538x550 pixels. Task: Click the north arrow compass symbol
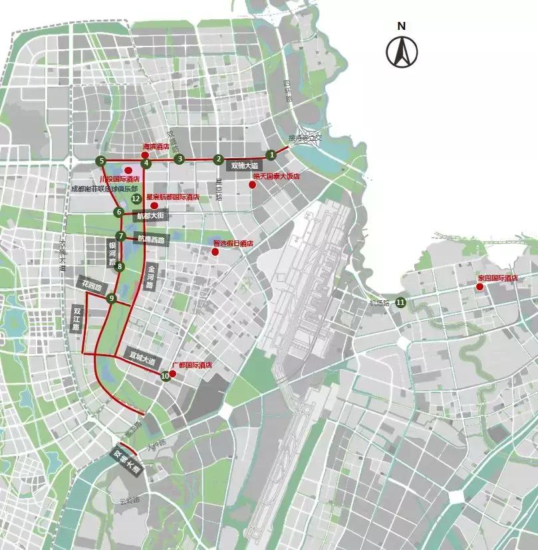tap(402, 51)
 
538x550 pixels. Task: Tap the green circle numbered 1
tap(271, 155)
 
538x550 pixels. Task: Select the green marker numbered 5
tap(101, 161)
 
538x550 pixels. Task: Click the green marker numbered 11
tap(400, 303)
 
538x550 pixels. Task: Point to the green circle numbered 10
tap(165, 376)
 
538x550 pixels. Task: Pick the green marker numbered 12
tap(136, 198)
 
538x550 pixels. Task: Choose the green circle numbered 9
tap(112, 298)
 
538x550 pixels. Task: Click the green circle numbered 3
tap(179, 159)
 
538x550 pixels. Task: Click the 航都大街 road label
tap(150, 215)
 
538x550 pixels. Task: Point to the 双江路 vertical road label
tap(77, 320)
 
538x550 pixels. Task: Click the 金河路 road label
tap(151, 277)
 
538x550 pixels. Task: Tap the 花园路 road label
tap(91, 286)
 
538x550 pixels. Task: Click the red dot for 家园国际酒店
tap(479, 287)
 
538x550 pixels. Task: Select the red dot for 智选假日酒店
tap(215, 252)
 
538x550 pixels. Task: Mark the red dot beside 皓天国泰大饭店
tap(252, 185)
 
